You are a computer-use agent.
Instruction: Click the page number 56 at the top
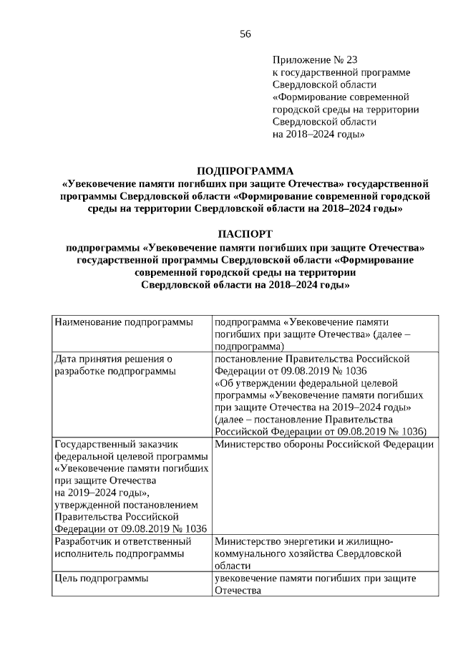pyautogui.click(x=245, y=34)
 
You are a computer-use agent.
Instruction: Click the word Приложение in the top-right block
pyautogui.click(x=300, y=61)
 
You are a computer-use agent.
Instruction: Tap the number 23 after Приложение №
pyautogui.click(x=352, y=61)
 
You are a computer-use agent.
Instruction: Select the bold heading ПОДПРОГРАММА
pyautogui.click(x=245, y=170)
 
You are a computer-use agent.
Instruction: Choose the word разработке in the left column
pyautogui.click(x=82, y=370)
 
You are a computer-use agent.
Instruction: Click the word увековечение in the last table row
pyautogui.click(x=248, y=578)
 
